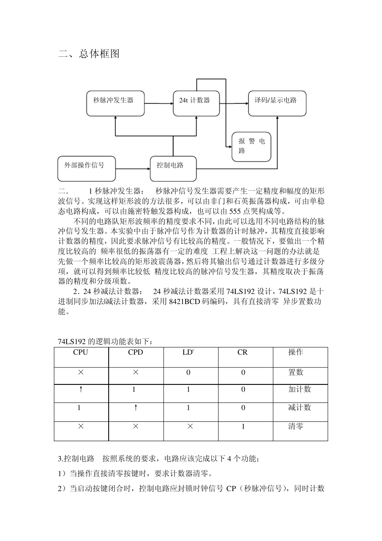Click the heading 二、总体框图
89,54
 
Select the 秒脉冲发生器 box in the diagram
115,103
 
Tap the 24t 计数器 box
196,103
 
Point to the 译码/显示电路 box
277,103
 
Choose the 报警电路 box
252,147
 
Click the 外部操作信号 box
86,169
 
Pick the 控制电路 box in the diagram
173,169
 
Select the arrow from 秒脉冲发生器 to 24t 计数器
158,103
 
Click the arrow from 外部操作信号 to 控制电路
133,169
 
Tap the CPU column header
80,353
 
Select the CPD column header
136,353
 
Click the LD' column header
188,353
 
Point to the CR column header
242,353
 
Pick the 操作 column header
296,353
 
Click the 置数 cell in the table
296,372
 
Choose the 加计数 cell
300,390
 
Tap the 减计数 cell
300,408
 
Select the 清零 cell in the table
296,426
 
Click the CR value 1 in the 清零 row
243,426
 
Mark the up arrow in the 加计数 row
81,389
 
